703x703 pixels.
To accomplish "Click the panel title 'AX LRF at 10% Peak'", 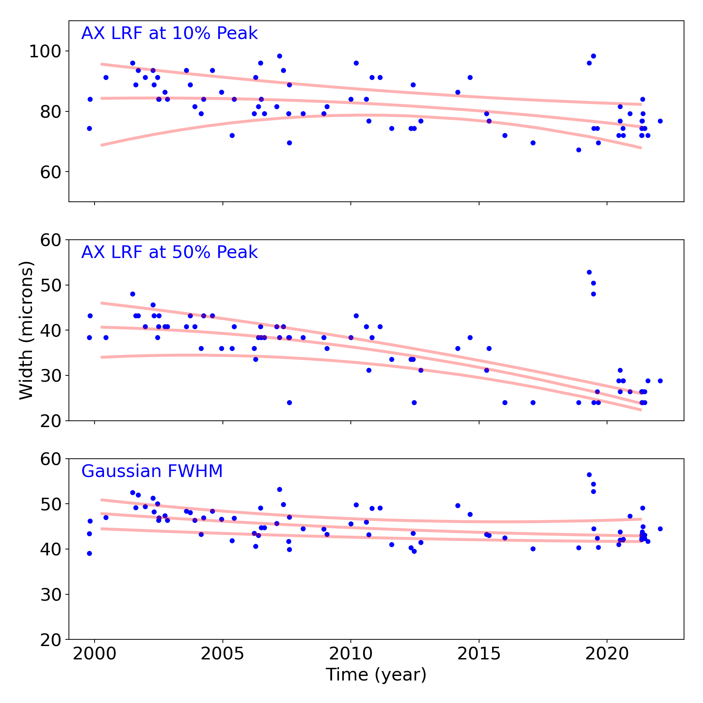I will [169, 33].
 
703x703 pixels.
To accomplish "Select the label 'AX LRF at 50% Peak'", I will [169, 252].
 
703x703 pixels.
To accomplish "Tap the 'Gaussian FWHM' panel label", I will [152, 471].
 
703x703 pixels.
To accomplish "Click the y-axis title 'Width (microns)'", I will [26, 330].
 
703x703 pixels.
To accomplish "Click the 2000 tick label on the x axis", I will [95, 654].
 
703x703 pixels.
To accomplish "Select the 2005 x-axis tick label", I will [223, 654].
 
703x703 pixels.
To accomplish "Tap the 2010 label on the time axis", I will [351, 654].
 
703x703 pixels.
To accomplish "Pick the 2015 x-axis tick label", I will [479, 654].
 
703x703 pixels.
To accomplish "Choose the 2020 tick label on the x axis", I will [607, 654].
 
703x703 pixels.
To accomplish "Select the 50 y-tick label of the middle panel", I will [50, 285].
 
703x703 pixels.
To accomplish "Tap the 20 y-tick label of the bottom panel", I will [50, 640].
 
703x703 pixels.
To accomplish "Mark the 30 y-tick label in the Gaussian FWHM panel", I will [50, 595].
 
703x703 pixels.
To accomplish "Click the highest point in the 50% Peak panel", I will [589, 272].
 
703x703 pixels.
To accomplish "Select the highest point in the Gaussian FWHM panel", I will [589, 475].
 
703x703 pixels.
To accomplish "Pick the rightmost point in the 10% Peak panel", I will [660, 121].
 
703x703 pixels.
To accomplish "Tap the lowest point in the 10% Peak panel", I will [579, 150].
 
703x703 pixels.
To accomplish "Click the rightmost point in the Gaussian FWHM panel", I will [660, 529].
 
